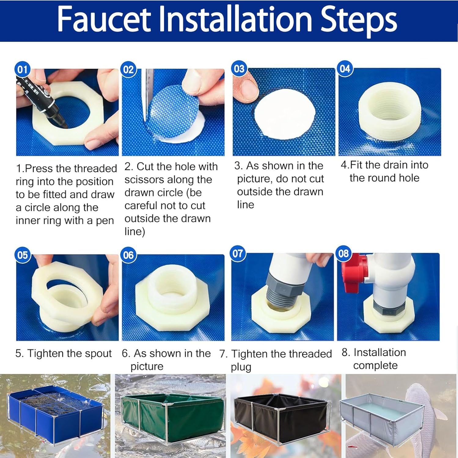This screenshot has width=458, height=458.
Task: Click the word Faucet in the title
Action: [x=104, y=20]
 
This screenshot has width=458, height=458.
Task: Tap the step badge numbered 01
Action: [x=22, y=70]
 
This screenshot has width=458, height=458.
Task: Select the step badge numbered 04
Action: [x=345, y=68]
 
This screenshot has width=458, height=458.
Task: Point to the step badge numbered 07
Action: [x=238, y=253]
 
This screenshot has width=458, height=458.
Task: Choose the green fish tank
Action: [x=173, y=415]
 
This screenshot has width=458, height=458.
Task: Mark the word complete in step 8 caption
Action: [x=376, y=366]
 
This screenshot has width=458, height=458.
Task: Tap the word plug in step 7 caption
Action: [x=241, y=367]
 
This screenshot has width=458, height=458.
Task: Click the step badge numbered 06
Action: [x=128, y=255]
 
